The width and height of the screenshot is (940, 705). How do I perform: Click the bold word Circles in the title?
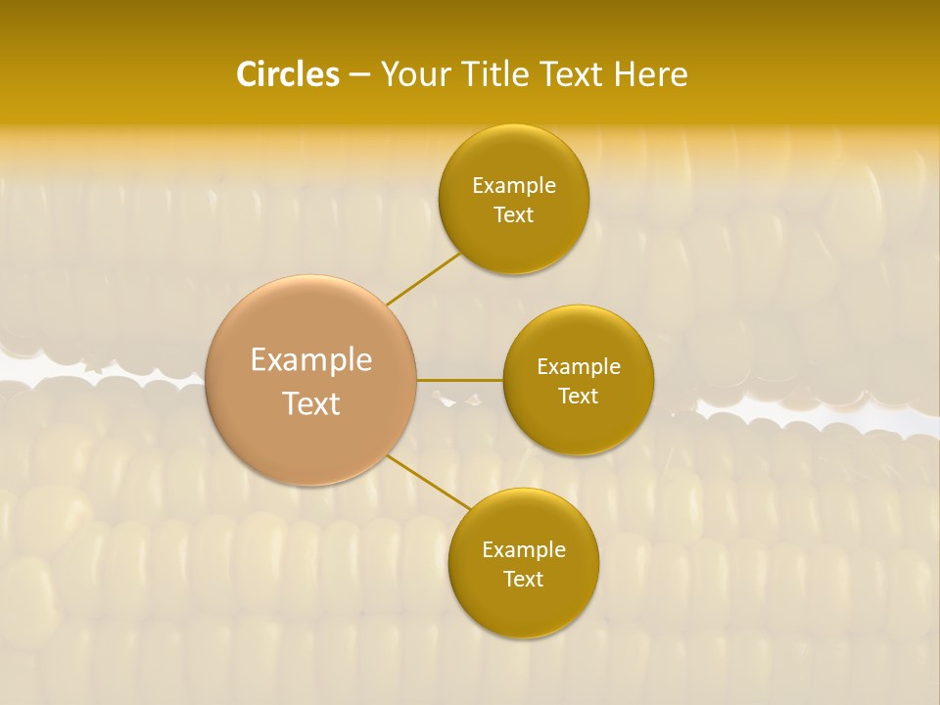pos(287,74)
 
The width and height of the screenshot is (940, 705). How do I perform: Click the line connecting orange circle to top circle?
pos(424,279)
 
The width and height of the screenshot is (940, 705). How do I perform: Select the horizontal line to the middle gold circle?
pos(460,380)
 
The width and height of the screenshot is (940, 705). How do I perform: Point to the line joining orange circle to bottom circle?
pos(428,483)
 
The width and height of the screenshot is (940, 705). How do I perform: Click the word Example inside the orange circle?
pos(311,360)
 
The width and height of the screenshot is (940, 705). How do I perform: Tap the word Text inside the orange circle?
pos(311,403)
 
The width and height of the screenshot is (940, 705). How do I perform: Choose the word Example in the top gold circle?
pos(514,186)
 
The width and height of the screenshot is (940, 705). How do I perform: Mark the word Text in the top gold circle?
pos(513,215)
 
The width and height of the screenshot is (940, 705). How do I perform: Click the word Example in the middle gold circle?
pos(579,367)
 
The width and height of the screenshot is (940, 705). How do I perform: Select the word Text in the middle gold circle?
pos(578,397)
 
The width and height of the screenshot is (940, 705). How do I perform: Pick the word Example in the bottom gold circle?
pos(524,550)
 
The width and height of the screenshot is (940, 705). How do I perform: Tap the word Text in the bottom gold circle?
pos(523,580)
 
